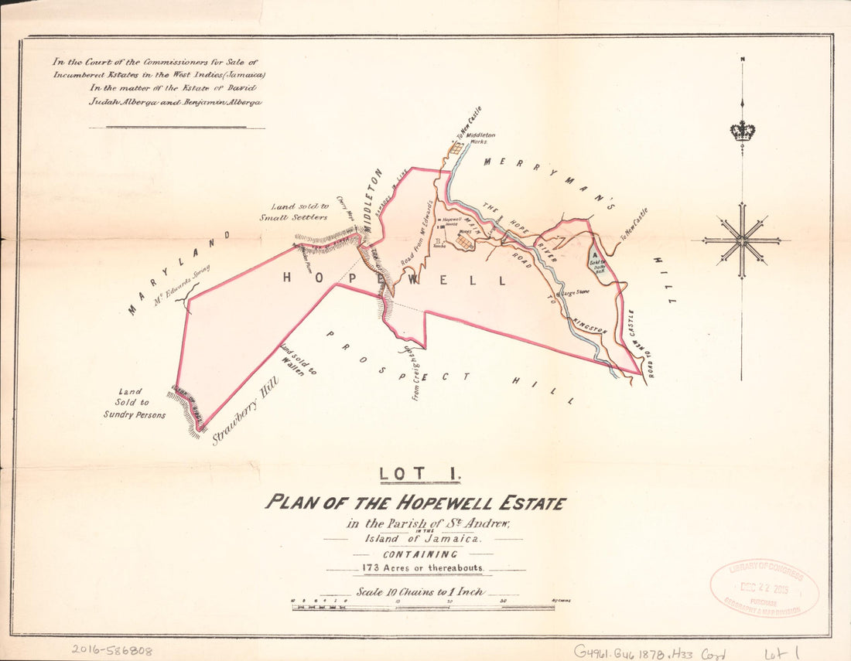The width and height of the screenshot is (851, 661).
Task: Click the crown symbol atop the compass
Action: click(x=742, y=131)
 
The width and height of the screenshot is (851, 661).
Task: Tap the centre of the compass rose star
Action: click(x=742, y=240)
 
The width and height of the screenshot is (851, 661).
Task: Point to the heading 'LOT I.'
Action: click(x=419, y=472)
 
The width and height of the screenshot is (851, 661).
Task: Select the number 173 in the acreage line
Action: click(x=371, y=567)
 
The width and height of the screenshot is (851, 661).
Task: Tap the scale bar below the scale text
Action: click(x=422, y=608)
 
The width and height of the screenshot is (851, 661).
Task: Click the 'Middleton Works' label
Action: click(x=480, y=138)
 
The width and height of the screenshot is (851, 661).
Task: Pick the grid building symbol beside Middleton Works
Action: click(x=456, y=147)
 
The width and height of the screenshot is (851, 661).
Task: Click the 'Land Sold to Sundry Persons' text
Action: click(x=135, y=403)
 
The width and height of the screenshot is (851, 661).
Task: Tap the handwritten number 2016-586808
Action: click(x=111, y=651)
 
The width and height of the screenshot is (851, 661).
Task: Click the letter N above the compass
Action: click(x=742, y=59)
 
